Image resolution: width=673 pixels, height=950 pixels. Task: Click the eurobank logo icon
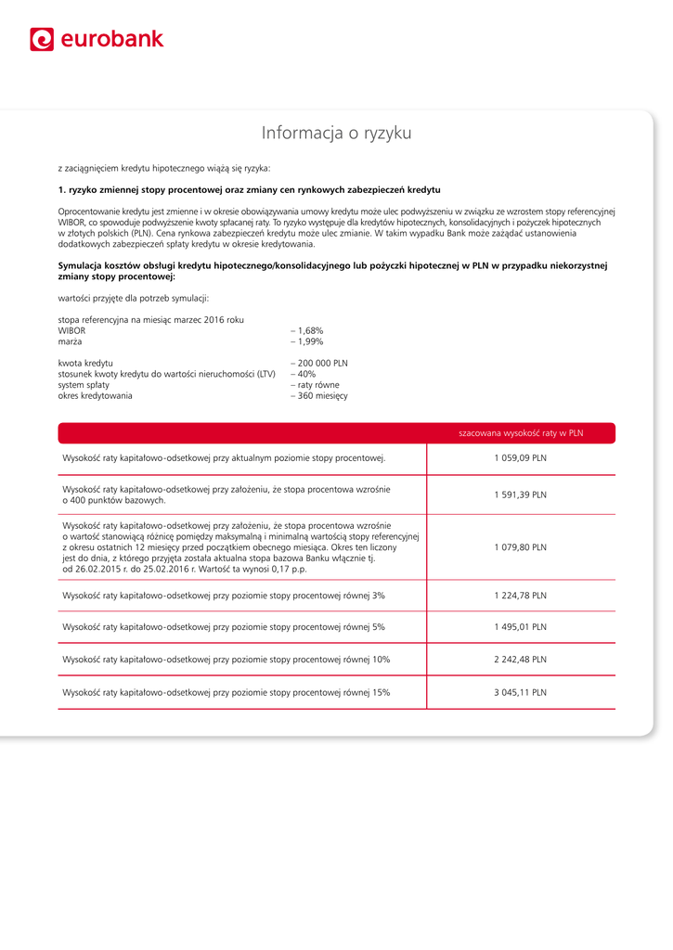point(42,39)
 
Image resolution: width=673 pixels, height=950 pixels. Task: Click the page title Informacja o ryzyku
point(336,133)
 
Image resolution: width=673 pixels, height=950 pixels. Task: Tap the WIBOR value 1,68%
point(309,330)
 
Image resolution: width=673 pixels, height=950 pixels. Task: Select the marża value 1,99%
point(309,341)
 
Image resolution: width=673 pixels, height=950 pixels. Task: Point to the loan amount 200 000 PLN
point(321,363)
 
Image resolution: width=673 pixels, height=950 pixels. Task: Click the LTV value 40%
point(305,374)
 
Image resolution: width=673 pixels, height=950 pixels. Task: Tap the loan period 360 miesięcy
point(321,396)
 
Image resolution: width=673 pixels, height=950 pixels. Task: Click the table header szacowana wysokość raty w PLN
point(521,433)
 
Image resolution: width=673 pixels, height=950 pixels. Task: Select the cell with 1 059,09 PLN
point(520,458)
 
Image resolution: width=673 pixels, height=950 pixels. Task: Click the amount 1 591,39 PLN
point(520,494)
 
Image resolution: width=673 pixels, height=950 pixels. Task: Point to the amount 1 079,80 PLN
point(520,547)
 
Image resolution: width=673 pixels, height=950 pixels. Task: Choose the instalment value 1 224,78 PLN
point(520,596)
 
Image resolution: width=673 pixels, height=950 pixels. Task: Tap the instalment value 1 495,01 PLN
point(520,627)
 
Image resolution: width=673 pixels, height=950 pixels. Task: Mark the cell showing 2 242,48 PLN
point(520,660)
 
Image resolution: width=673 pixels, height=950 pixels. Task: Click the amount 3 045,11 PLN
point(520,692)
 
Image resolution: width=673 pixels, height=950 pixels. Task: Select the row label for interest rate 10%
point(226,660)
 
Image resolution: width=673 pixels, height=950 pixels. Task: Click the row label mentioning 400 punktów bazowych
point(226,494)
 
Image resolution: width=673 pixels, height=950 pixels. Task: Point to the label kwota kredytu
point(85,363)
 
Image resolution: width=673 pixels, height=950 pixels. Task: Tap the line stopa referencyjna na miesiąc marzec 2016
point(150,319)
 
